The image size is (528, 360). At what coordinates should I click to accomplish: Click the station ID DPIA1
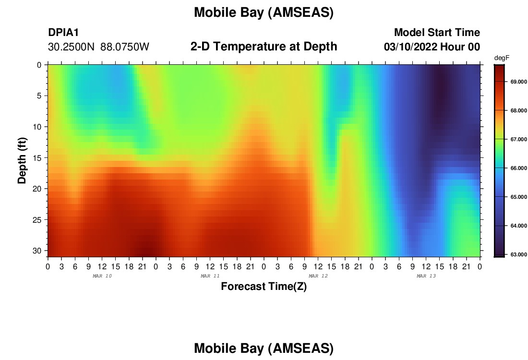coord(63,32)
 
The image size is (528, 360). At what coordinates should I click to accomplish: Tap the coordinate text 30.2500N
coord(71,47)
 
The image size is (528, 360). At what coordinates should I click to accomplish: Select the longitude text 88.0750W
coord(125,47)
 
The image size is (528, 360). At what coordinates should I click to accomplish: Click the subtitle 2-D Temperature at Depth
coord(264,47)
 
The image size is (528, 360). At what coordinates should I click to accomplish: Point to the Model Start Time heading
coord(437,32)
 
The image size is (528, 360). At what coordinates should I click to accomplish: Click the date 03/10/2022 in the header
coord(410,47)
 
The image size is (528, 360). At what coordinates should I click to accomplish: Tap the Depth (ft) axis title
coord(22,161)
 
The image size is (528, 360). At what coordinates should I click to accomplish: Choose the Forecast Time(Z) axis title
coord(264,286)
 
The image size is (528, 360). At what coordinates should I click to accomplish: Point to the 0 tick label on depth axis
coord(39,65)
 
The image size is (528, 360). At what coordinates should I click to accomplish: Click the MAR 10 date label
coord(102,276)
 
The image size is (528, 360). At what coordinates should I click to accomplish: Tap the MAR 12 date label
coord(318,276)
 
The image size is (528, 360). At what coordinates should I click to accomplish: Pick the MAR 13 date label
coord(426,276)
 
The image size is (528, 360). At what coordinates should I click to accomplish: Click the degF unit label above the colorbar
coord(502,58)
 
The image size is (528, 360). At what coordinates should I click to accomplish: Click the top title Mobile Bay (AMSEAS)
coord(264,12)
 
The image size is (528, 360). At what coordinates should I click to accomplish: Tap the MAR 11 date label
coord(210,276)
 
